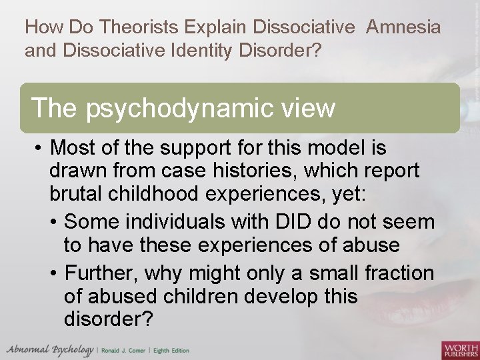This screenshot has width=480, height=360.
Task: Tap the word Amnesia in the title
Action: [403, 27]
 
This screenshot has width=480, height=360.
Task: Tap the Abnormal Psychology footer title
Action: [49, 350]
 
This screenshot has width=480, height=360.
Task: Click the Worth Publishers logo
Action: [460, 349]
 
